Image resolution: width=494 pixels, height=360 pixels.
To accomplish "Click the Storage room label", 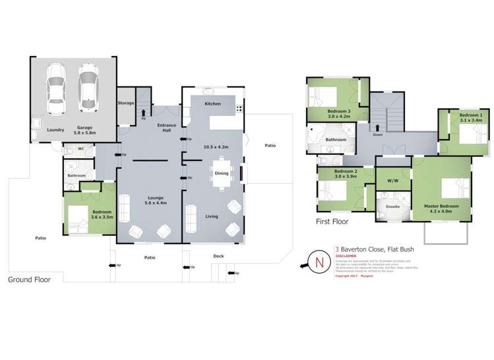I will click(126, 103).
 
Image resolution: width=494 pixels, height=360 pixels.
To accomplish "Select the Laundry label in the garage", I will click(55, 129).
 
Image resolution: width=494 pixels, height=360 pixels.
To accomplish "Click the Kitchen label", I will click(212, 104).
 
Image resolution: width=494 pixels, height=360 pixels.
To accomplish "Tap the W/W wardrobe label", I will click(392, 179).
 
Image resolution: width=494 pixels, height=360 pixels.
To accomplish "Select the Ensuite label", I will click(392, 206).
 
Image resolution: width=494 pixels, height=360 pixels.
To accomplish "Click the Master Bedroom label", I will click(441, 209).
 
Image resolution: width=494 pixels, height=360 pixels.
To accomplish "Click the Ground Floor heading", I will click(29, 279).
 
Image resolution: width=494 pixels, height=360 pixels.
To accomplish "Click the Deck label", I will click(218, 256).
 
